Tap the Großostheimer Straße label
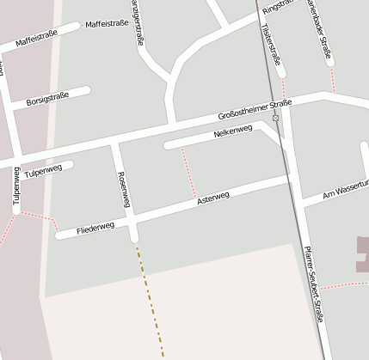point(255,109)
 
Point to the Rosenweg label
point(123,189)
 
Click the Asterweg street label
point(213,198)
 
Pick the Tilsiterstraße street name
point(269,45)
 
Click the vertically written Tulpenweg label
point(15,186)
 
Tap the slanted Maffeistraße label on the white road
point(36,40)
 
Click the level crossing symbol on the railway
point(275,118)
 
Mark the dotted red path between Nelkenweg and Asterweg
point(188,172)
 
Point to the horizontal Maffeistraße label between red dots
point(107,24)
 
